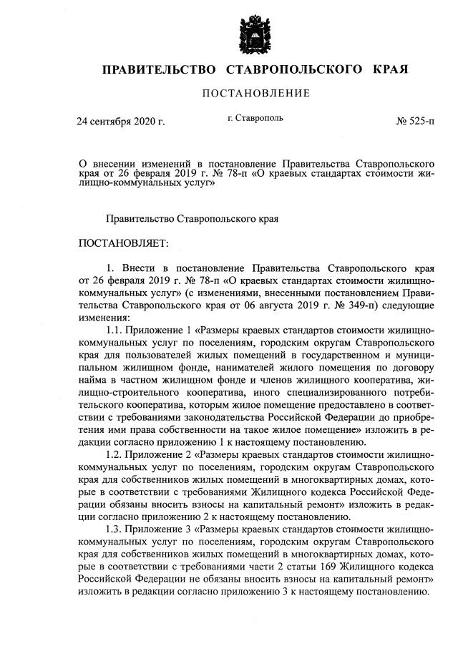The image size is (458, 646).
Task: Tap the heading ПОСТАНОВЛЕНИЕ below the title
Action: pyautogui.click(x=255, y=93)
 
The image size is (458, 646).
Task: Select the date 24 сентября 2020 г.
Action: pyautogui.click(x=121, y=122)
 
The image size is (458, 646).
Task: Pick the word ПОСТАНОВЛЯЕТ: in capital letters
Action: pyautogui.click(x=123, y=243)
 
